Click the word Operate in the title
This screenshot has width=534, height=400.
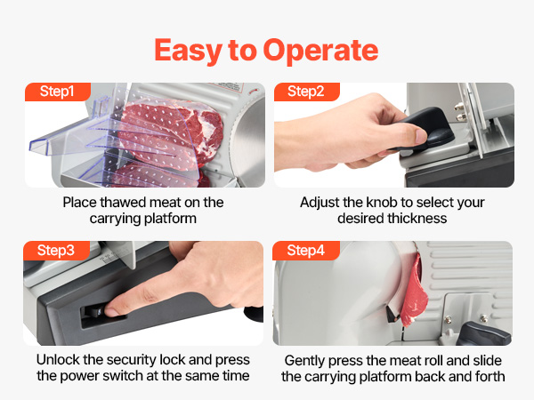(x=320, y=51)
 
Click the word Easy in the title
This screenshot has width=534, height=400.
(x=189, y=51)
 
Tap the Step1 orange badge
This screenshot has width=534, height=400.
(x=58, y=92)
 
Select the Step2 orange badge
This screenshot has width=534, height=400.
(x=306, y=92)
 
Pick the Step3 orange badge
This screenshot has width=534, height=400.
(x=56, y=251)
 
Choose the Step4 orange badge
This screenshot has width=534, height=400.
(x=306, y=251)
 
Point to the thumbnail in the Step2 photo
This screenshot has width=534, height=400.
(x=421, y=136)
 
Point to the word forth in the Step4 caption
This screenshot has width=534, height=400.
(x=488, y=377)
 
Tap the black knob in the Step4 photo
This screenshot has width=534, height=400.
(x=483, y=333)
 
